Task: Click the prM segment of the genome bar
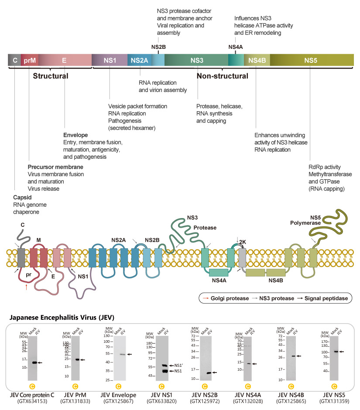(30, 60)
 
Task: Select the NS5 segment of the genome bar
(310, 60)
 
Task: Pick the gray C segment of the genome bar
(15, 60)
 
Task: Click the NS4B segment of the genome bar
(257, 60)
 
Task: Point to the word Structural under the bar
(51, 76)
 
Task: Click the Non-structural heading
(222, 76)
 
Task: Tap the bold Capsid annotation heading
(22, 197)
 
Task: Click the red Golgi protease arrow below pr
(27, 287)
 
